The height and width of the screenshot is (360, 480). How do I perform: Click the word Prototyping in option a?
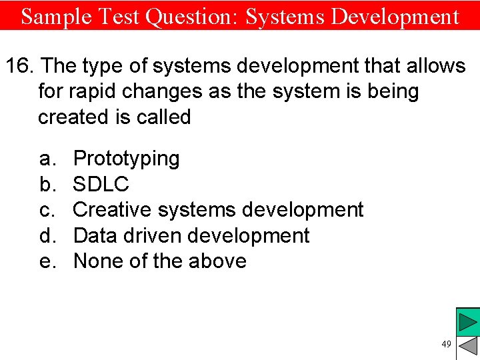click(126, 159)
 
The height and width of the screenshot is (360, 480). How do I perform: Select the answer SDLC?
click(101, 184)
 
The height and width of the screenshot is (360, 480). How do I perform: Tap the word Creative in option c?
click(112, 209)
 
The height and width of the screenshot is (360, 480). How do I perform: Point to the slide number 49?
click(446, 344)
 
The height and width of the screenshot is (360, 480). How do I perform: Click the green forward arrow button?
click(468, 322)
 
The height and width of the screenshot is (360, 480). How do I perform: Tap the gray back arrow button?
click(468, 347)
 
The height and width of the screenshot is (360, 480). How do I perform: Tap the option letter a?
click(46, 159)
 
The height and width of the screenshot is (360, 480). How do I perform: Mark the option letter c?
click(46, 209)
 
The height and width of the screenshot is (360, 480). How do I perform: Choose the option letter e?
click(46, 261)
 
